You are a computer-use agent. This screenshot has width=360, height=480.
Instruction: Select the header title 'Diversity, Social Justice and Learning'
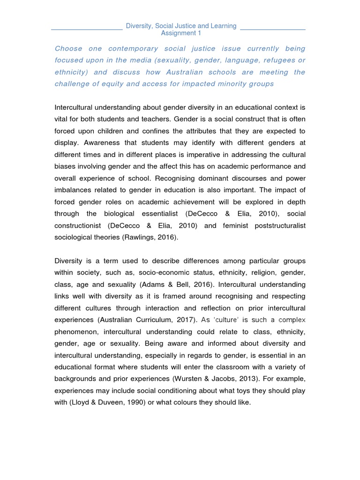click(181, 26)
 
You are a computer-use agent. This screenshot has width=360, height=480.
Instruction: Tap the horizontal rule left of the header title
click(87, 29)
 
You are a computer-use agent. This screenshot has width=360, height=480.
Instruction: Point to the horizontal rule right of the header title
click(272, 29)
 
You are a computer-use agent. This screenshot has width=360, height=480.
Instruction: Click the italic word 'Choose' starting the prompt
click(69, 48)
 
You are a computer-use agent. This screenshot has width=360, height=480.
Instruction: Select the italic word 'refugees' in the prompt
click(272, 60)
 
